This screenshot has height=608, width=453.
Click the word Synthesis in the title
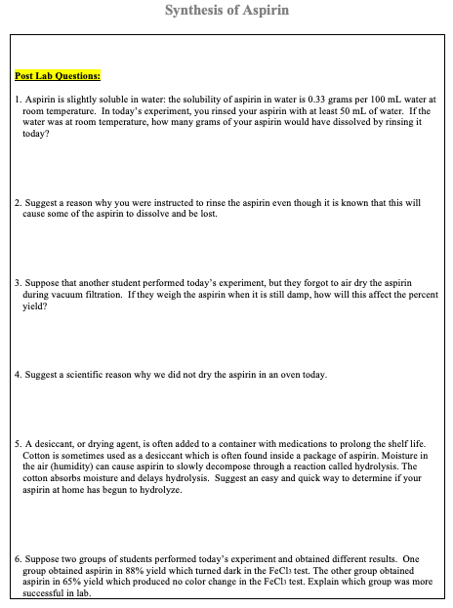pyautogui.click(x=192, y=11)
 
